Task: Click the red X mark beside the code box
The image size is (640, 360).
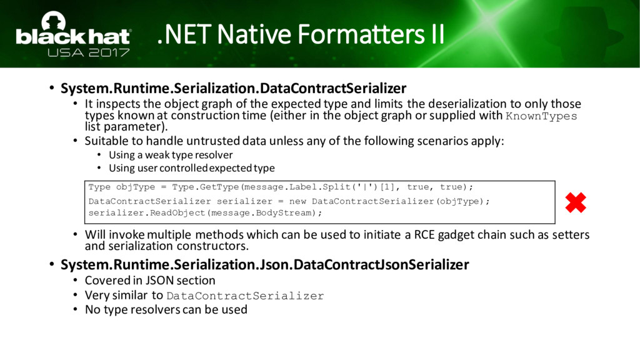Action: point(576,203)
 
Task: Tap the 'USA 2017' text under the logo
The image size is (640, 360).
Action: point(89,52)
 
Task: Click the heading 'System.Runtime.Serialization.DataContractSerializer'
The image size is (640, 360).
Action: point(234,88)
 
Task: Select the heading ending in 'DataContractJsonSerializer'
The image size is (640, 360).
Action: point(265,264)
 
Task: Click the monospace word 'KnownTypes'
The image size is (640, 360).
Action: point(541,116)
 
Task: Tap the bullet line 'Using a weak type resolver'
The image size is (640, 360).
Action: point(171,155)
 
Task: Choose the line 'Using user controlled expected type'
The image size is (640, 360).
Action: point(192,168)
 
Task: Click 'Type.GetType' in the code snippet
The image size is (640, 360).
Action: point(205,187)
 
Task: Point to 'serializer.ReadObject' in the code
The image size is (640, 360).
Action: point(147,213)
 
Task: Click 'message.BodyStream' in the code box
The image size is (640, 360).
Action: point(262,213)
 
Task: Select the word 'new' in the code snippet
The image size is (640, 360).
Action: point(297,201)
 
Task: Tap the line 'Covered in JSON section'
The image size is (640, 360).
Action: point(150,281)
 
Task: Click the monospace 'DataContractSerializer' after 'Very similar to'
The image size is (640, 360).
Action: point(245,296)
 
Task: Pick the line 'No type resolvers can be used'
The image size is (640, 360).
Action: point(166,309)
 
